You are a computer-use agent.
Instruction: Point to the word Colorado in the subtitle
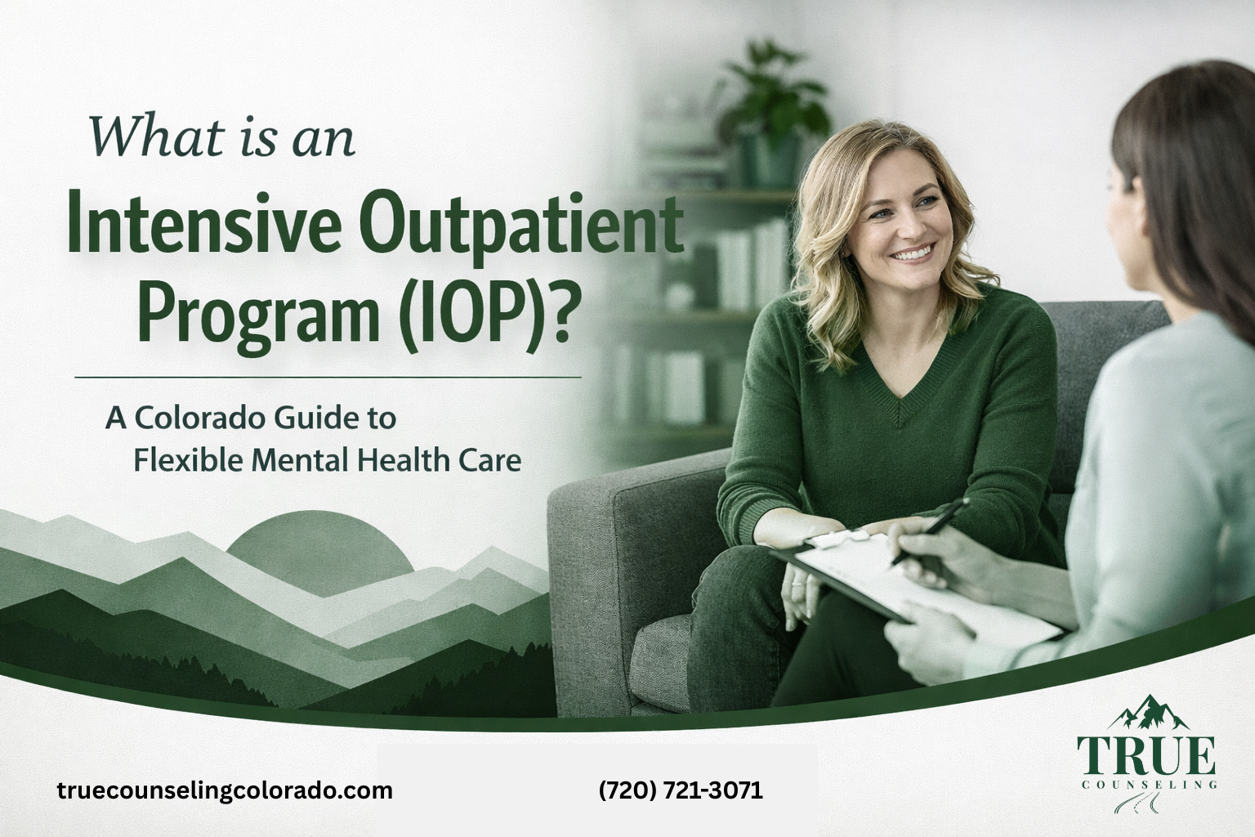point(200,418)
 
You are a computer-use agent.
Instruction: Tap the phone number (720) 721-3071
point(681,790)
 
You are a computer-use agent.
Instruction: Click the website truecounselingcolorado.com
point(225,790)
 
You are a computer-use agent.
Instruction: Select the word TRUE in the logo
point(1146,755)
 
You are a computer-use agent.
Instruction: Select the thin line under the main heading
point(327,378)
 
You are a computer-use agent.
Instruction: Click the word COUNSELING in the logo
point(1146,785)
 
